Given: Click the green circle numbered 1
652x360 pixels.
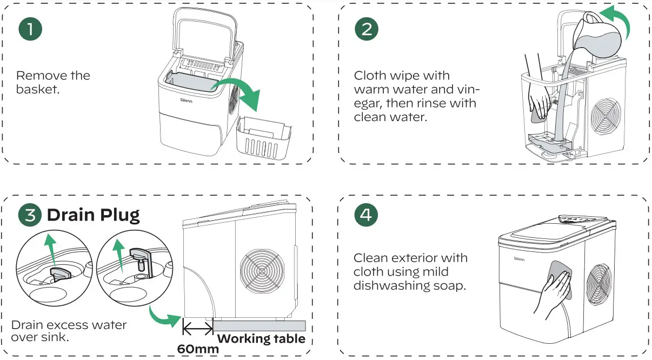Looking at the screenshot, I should coord(30,30).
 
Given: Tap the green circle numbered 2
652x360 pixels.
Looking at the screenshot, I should coord(367,30).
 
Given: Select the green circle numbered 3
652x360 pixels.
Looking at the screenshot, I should coord(30,215).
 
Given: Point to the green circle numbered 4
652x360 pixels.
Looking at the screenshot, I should coord(367,215).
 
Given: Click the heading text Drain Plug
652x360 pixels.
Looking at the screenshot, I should coord(93,215).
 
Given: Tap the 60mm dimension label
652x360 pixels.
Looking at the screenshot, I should coord(198,349).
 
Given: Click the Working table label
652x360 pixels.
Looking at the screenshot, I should coord(261,339).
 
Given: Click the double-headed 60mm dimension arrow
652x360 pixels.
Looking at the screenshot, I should coord(198,326).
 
